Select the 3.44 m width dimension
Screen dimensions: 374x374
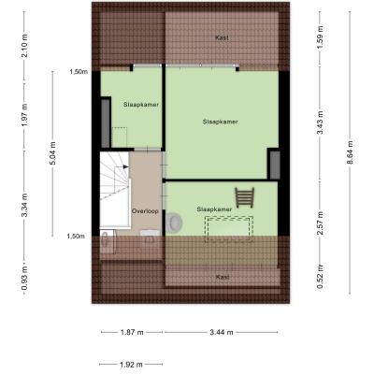(221, 332)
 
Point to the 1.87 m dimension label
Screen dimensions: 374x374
(132, 332)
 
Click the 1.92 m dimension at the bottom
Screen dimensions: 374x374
(131, 364)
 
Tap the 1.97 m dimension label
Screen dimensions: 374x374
(24, 115)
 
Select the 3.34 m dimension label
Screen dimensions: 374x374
(24, 205)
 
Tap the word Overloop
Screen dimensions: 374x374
(145, 211)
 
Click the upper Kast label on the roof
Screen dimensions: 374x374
(222, 37)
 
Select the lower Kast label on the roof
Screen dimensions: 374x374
(223, 277)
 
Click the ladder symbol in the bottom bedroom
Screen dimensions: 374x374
(245, 197)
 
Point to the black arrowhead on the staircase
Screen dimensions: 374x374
(126, 166)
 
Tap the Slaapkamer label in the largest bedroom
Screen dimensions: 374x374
(220, 122)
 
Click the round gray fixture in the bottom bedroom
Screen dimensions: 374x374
(174, 223)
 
